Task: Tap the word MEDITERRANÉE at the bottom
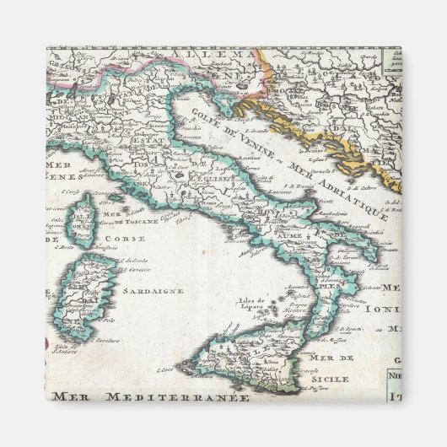pos(198,396)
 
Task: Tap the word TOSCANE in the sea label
pos(137,223)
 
